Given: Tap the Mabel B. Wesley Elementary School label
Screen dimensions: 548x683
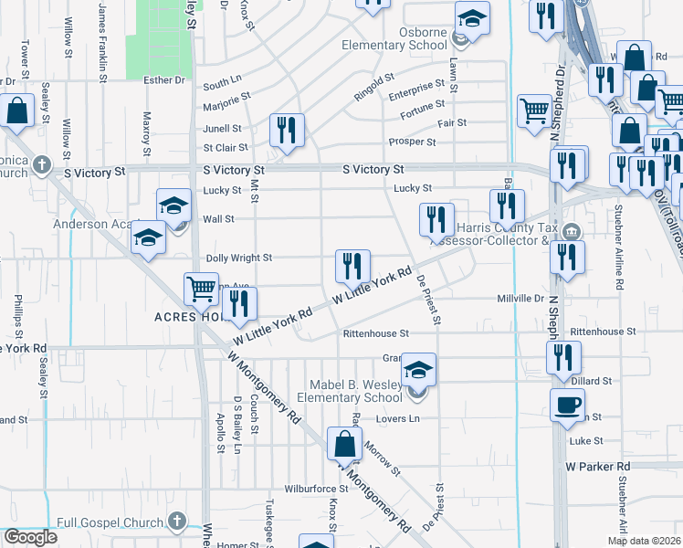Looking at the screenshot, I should click(x=356, y=391).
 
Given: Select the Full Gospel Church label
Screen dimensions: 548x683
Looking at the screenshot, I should click(x=108, y=522).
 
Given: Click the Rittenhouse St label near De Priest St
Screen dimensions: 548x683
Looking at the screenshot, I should click(x=374, y=334).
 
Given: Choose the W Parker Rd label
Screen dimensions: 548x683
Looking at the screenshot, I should click(x=598, y=466).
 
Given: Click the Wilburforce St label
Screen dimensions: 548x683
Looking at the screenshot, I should click(x=312, y=490).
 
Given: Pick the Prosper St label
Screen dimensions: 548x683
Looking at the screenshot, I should click(x=412, y=142).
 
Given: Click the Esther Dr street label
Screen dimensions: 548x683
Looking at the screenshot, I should click(x=164, y=80).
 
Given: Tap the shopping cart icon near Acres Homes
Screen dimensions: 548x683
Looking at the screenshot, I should click(x=201, y=290).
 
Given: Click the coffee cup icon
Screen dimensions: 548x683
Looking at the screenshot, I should click(x=567, y=404).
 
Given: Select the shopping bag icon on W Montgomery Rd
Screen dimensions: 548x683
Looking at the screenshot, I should click(x=345, y=445).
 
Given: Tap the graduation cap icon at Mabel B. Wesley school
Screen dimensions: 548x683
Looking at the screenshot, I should click(x=419, y=370).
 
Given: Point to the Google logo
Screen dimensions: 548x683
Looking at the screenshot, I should click(x=30, y=537).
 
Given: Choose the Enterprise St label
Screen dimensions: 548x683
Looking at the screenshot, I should click(x=416, y=95).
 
